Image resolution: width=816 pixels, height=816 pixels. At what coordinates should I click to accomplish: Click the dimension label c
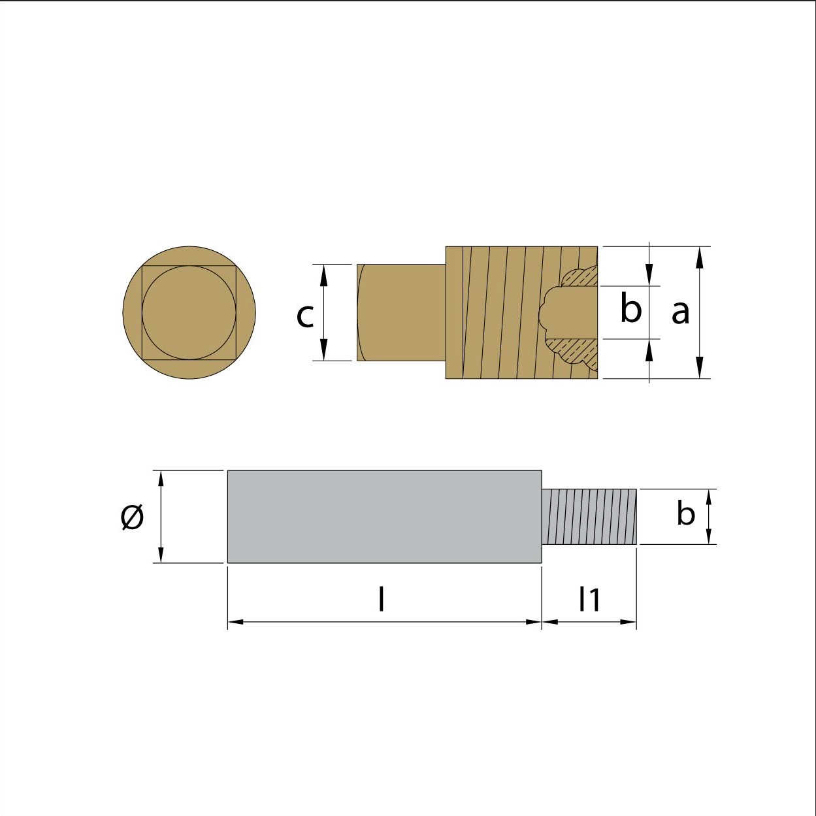point(305,316)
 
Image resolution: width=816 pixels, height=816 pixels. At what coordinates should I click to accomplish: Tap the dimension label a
point(681,312)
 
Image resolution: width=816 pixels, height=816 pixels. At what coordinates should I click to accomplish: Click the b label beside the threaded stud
point(685,514)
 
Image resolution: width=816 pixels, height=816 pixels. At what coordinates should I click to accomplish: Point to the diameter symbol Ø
point(132,517)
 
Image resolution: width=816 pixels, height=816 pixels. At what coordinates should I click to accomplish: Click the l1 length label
point(589,599)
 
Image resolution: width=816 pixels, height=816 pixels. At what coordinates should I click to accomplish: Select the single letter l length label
point(382,598)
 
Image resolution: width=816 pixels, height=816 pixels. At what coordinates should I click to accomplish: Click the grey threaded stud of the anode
point(589,517)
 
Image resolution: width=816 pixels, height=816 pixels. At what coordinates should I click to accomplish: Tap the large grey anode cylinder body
point(385,517)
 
